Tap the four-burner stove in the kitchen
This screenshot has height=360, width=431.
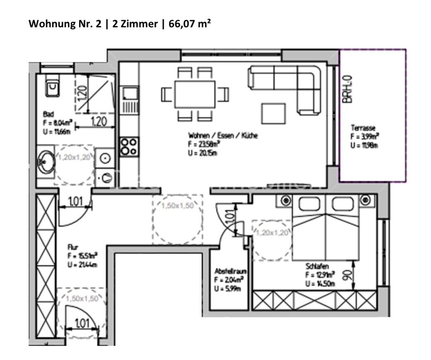point(128,146)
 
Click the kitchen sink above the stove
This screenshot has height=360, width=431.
point(129,94)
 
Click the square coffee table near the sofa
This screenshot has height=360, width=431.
point(273,113)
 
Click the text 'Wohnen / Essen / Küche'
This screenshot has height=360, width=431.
point(223,135)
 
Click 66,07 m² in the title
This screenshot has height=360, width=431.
point(190,24)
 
